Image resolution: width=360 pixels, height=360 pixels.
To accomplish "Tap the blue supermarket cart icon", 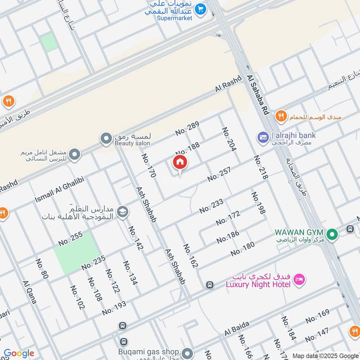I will click(x=201, y=8).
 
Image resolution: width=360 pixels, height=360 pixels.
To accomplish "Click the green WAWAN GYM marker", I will click(x=332, y=234).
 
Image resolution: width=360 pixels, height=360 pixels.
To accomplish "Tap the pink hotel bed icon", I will click(x=299, y=280).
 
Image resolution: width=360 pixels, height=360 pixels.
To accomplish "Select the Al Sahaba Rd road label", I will click(x=258, y=95).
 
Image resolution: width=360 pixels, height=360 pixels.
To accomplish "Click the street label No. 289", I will click(x=187, y=128).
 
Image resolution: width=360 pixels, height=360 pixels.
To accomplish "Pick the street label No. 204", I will click(x=229, y=139).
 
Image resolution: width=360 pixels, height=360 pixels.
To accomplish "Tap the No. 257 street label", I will click(x=219, y=175).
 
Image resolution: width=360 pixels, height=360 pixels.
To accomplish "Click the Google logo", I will click(x=19, y=353).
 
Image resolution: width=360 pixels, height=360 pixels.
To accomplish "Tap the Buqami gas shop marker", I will click(x=187, y=352).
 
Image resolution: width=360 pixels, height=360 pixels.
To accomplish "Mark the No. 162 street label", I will click(x=190, y=256).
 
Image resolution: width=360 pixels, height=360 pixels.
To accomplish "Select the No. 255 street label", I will click(x=71, y=238).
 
